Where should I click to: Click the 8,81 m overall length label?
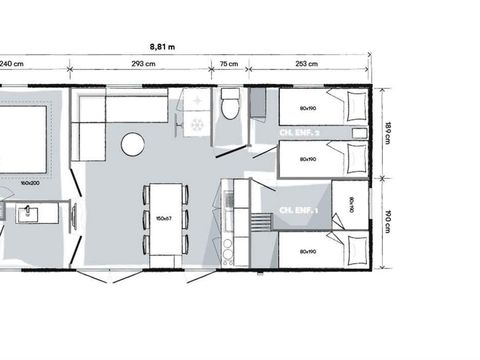click(x=162, y=46)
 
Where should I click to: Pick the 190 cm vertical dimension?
click(x=388, y=220)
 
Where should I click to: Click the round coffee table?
click(x=133, y=145)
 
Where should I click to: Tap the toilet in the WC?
click(x=231, y=103)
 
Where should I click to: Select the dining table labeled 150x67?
click(x=163, y=218)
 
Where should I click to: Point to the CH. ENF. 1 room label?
click(x=298, y=210)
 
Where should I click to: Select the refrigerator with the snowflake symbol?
click(x=196, y=125)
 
